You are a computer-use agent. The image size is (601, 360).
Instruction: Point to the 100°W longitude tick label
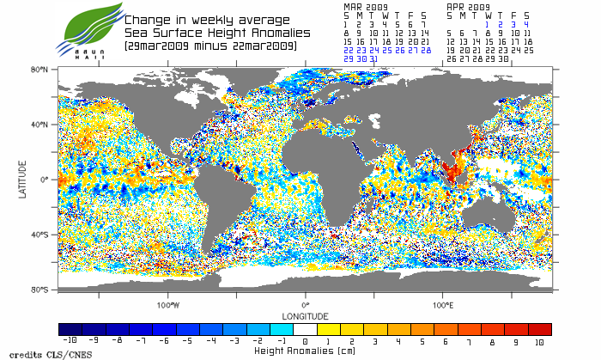(x=168, y=305)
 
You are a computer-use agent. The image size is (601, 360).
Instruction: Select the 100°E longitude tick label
(x=442, y=305)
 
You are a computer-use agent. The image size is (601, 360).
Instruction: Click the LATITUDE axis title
(x=23, y=180)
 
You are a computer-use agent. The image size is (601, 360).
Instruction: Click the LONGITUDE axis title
(x=305, y=315)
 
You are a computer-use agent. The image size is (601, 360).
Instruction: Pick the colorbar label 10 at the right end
(x=539, y=341)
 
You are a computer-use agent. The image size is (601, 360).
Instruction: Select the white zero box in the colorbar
(x=305, y=329)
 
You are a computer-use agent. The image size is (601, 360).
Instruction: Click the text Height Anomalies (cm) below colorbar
(x=305, y=351)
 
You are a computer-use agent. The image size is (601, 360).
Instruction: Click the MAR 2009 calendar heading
(x=365, y=6)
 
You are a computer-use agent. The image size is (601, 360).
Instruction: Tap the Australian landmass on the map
(x=491, y=211)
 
